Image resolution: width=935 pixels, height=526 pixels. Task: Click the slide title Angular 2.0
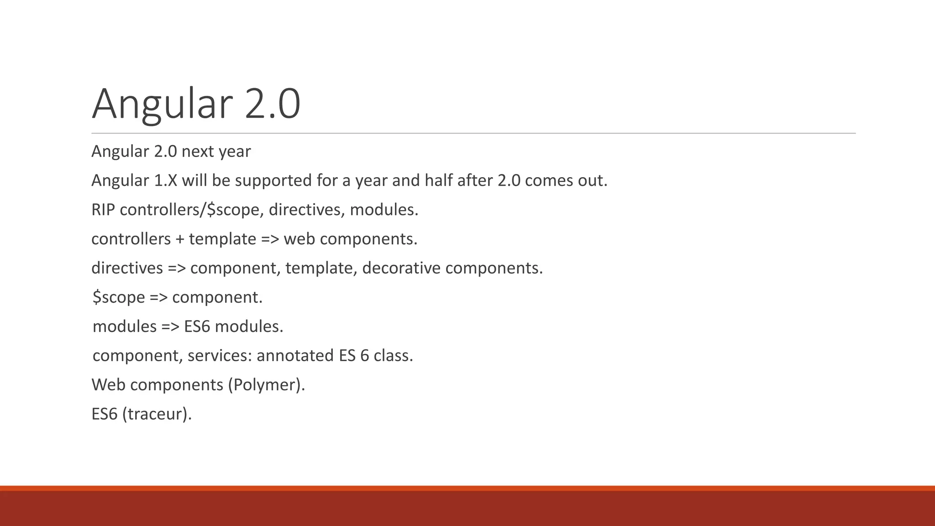(196, 104)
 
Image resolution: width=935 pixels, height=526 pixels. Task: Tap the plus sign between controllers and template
(179, 239)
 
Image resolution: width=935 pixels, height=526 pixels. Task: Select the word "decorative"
(401, 268)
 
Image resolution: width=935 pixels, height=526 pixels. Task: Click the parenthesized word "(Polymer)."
(266, 385)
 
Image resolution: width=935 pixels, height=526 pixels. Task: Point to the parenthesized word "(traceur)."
(157, 414)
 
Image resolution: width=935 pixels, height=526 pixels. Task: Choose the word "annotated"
(295, 356)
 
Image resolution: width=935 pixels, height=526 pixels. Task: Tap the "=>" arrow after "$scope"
(158, 298)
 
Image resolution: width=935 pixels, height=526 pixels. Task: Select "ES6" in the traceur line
(105, 414)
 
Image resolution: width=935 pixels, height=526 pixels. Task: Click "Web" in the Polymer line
(108, 385)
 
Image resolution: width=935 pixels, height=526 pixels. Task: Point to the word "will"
(194, 181)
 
